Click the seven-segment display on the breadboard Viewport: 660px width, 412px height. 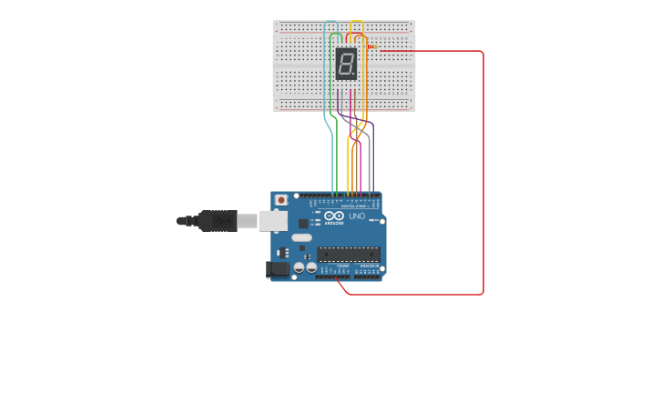(346, 64)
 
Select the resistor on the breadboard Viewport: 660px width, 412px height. (372, 46)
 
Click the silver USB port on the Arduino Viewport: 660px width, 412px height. (273, 220)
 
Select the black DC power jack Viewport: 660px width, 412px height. (277, 269)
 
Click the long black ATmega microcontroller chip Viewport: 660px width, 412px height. (348, 254)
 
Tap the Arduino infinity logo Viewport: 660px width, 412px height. (334, 216)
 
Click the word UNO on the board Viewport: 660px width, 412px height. (357, 216)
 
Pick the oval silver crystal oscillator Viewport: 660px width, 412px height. (301, 237)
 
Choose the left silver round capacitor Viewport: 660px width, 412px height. (299, 267)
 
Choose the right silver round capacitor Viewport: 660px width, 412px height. (311, 267)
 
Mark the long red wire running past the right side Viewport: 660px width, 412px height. (482, 173)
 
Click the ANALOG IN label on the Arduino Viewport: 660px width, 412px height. (369, 266)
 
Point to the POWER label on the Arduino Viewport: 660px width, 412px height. (342, 266)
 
